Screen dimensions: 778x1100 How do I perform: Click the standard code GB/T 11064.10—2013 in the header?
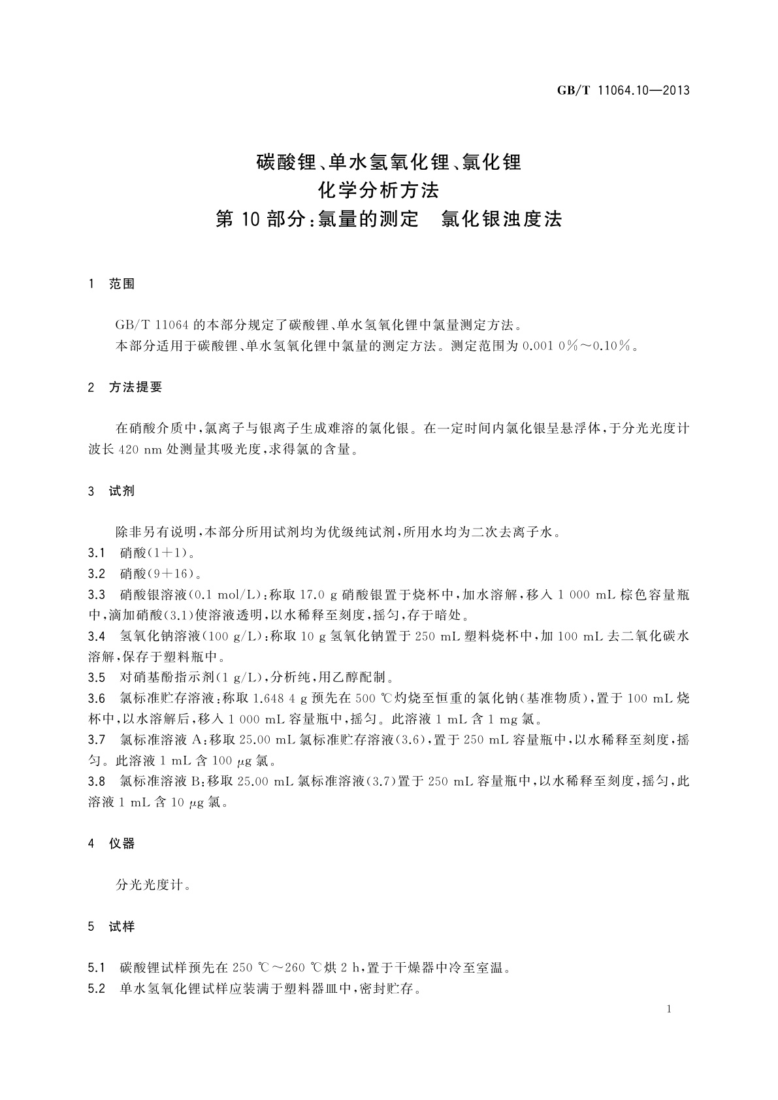click(623, 91)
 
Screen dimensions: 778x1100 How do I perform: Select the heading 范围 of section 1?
click(122, 284)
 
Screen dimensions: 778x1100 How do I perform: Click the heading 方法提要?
click(135, 387)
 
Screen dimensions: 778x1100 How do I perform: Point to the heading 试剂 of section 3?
click(122, 491)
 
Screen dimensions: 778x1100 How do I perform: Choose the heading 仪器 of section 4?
click(122, 844)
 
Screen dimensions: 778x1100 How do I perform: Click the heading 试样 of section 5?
click(122, 927)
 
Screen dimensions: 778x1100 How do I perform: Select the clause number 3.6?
click(97, 698)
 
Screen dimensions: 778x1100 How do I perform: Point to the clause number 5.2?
click(97, 989)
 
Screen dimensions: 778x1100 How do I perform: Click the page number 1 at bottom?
click(670, 1010)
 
